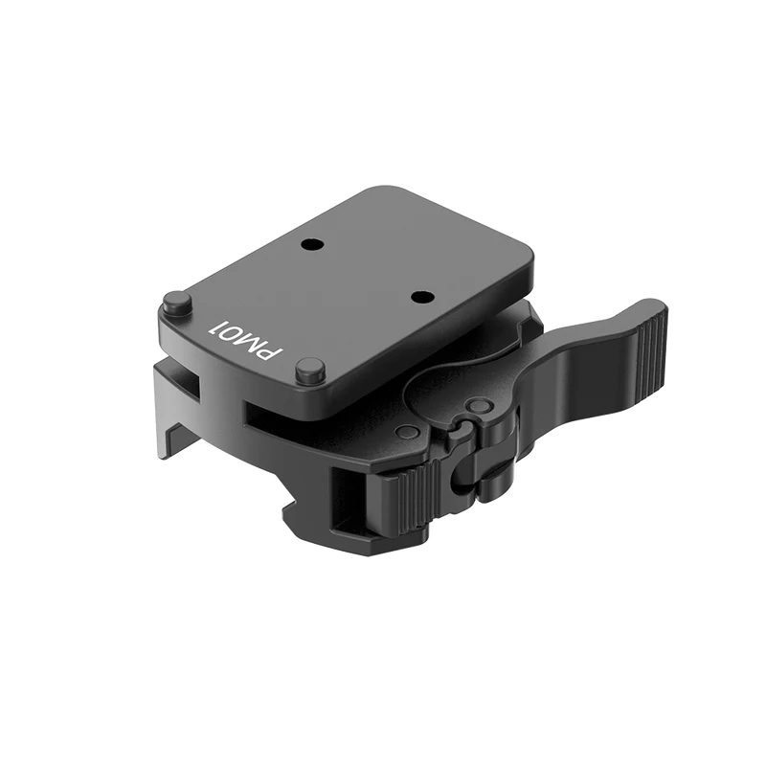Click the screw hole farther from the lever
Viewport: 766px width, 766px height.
point(309,244)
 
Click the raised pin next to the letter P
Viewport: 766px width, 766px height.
point(307,368)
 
